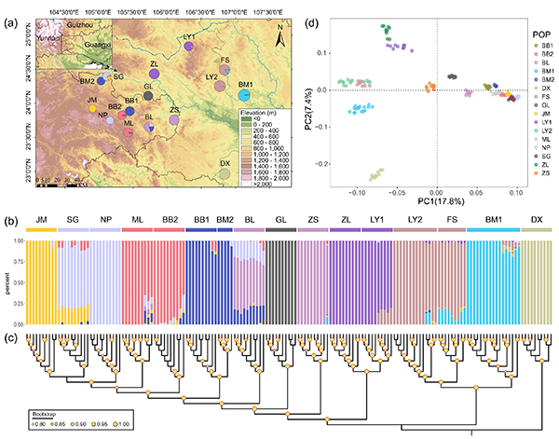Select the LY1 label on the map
190,37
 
